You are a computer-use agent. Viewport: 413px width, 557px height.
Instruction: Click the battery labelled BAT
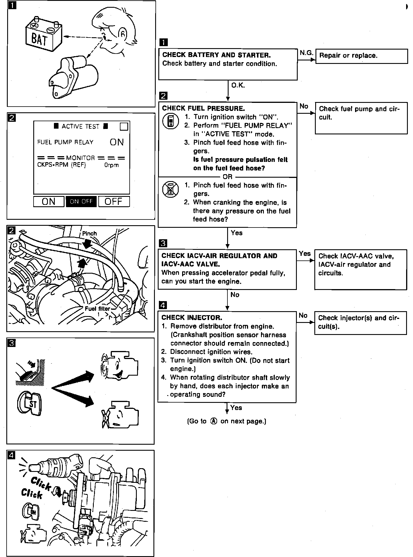point(43,36)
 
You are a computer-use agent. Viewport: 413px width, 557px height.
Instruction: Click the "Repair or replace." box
point(361,56)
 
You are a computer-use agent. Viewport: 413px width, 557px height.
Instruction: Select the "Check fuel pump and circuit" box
point(361,118)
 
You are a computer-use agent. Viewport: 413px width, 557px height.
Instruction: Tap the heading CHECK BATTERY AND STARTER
point(216,55)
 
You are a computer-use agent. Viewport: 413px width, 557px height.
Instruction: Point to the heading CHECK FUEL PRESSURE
point(203,108)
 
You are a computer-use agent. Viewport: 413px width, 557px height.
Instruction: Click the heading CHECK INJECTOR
point(192,317)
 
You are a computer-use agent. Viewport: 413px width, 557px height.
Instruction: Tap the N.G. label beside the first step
point(306,53)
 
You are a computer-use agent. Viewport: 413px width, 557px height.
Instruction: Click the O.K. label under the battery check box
point(238,85)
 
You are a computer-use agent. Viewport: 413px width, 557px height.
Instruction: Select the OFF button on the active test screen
point(114,201)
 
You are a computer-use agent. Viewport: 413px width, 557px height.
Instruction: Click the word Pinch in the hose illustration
point(89,234)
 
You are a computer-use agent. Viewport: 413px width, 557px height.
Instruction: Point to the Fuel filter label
point(98,309)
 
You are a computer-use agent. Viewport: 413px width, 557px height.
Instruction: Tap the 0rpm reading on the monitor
point(111,165)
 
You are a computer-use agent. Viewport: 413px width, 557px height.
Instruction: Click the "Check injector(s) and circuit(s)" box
point(360,323)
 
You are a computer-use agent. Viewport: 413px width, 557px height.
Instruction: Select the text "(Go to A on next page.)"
point(227,421)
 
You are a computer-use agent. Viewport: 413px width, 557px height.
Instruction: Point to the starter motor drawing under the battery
point(73,76)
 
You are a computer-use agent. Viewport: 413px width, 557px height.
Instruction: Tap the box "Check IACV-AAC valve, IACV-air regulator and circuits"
point(360,269)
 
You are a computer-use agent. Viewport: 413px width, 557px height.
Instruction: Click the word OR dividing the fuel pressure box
point(227,177)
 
